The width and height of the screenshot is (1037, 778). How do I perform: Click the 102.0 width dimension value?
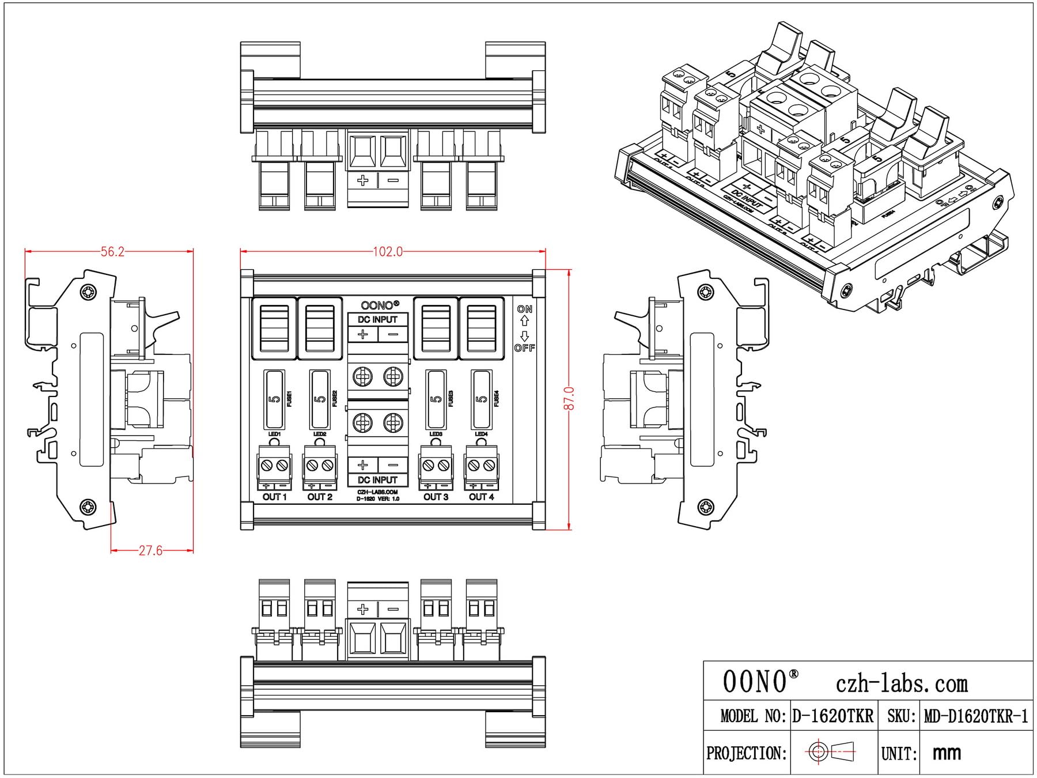[x=388, y=252]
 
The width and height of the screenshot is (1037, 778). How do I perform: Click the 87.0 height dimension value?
[x=569, y=398]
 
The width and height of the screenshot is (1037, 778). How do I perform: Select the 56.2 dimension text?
[x=112, y=252]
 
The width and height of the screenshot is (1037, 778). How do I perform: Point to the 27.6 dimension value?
[x=150, y=551]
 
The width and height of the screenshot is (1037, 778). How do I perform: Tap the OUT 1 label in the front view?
[x=274, y=497]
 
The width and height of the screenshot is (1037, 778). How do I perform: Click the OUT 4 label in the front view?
[x=481, y=497]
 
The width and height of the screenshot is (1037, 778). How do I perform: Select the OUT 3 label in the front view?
[x=436, y=497]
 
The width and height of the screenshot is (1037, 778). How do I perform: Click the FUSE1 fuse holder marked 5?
[x=274, y=398]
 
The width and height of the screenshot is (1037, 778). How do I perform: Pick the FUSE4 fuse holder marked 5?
[x=481, y=398]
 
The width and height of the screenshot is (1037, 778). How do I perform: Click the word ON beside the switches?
[x=524, y=309]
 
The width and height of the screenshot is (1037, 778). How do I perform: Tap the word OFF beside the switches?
[x=524, y=348]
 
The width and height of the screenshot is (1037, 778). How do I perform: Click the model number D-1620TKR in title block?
[x=833, y=716]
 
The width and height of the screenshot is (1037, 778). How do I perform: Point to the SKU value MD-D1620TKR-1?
[x=975, y=716]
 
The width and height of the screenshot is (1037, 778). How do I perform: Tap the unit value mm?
[x=947, y=753]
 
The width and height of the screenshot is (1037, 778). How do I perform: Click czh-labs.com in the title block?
[x=902, y=684]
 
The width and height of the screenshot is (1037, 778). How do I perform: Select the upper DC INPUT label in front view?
[x=377, y=319]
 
